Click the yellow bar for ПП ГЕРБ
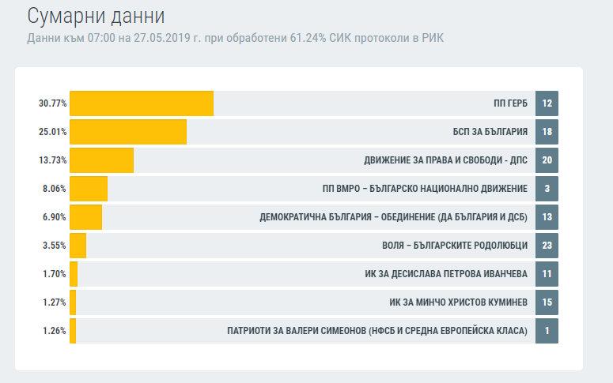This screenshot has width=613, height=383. pos(142,103)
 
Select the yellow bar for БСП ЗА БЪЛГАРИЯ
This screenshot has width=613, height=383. pos(128,132)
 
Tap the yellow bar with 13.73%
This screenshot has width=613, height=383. pos(101,160)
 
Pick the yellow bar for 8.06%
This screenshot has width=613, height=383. pos(89,189)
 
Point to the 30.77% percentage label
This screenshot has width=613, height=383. pos(52,103)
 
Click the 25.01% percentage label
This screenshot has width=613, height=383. pos(52,132)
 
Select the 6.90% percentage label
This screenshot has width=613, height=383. pos(54,217)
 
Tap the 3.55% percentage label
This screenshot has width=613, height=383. pos(54,246)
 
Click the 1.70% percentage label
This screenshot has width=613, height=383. pos(54,274)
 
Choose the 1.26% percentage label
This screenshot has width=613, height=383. pos(54,331)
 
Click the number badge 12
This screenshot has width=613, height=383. pos(547,103)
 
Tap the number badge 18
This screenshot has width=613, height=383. pos(547,132)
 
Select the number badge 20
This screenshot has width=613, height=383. pos(547,160)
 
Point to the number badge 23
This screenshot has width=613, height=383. pos(547,246)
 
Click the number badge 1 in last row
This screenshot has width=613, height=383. pos(547,331)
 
